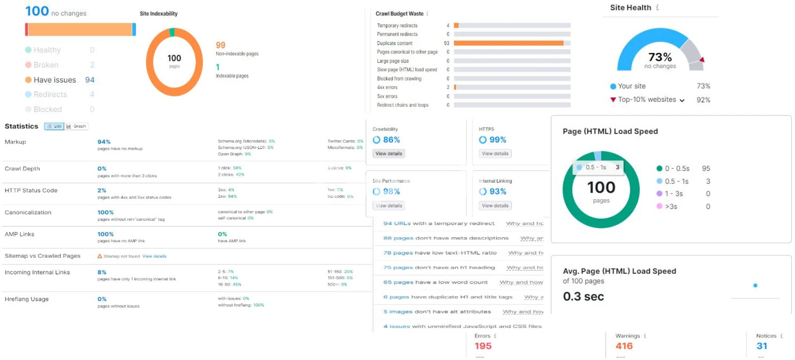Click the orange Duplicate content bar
click(x=508, y=43)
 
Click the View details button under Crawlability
click(x=388, y=154)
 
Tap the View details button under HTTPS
click(x=495, y=154)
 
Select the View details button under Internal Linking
click(x=495, y=205)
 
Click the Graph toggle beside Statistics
click(x=76, y=126)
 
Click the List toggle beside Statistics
click(x=54, y=126)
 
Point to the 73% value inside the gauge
click(x=660, y=57)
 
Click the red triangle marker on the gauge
click(x=702, y=60)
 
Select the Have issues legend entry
click(x=55, y=80)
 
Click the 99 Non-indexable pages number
click(x=220, y=45)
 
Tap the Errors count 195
click(x=483, y=346)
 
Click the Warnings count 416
click(x=624, y=346)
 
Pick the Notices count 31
click(x=761, y=346)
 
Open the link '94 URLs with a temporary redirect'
click(x=438, y=223)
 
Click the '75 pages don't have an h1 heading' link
click(x=439, y=268)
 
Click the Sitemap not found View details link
click(x=154, y=256)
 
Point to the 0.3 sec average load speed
click(x=583, y=297)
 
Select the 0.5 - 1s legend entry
click(x=676, y=181)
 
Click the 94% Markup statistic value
click(x=104, y=142)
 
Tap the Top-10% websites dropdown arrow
click(x=682, y=100)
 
